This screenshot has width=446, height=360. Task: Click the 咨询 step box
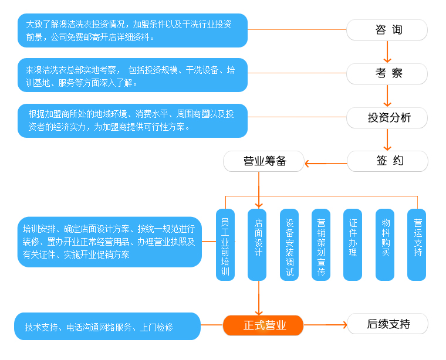[387, 30]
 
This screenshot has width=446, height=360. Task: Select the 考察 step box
[387, 74]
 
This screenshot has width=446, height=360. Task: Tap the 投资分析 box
[387, 118]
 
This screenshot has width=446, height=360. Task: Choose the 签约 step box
[387, 161]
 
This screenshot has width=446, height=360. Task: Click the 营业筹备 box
[264, 161]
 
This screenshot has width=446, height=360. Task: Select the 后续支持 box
[387, 324]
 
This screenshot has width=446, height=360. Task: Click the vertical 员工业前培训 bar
[225, 244]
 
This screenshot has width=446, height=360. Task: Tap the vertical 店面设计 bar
[257, 244]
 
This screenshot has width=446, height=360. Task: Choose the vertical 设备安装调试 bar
[289, 244]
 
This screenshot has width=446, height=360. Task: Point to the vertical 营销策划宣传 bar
[321, 244]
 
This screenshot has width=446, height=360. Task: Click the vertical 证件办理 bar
[353, 244]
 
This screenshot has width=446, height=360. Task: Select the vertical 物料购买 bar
[385, 244]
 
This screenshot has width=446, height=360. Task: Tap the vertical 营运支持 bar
[417, 244]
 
